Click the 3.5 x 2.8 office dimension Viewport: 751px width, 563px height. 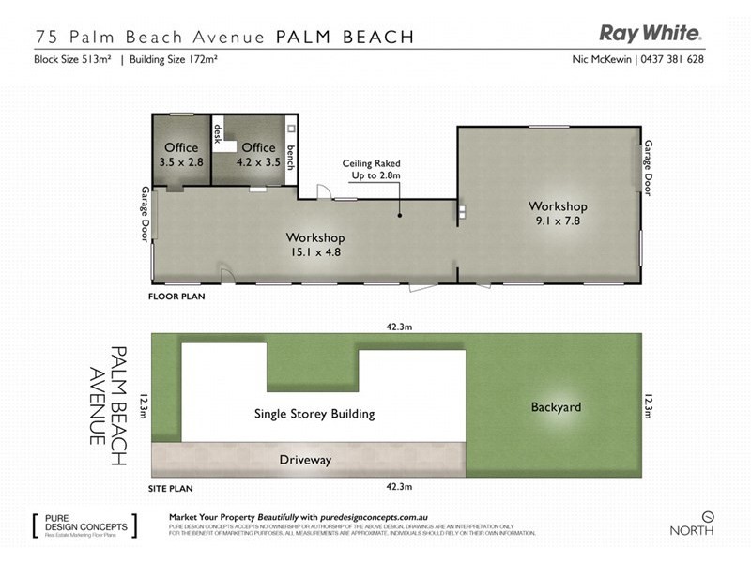(181, 162)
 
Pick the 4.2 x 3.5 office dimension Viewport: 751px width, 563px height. (258, 162)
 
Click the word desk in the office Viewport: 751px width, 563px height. (218, 139)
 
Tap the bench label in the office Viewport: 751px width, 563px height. (291, 158)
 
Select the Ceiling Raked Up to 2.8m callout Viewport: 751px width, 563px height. (372, 169)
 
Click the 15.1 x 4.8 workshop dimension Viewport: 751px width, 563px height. (315, 251)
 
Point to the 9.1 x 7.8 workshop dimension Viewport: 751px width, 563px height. (557, 221)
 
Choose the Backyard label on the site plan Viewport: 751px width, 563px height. (556, 407)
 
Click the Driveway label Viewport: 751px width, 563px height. (307, 460)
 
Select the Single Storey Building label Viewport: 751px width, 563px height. (314, 413)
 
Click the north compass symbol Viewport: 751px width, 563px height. (709, 516)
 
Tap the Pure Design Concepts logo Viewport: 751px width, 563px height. (84, 524)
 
